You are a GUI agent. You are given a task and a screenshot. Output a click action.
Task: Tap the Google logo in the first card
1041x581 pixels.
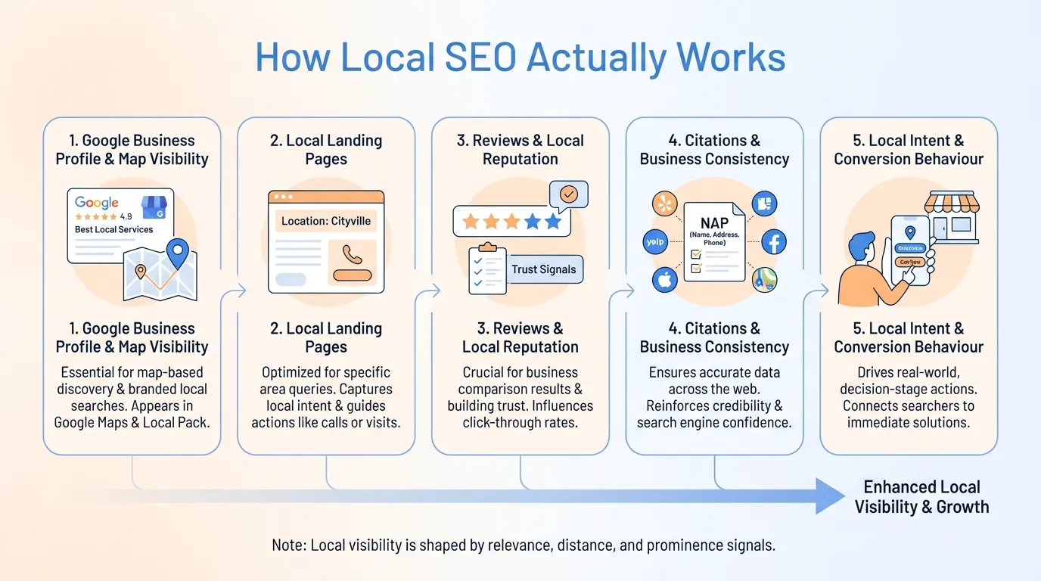[x=97, y=203]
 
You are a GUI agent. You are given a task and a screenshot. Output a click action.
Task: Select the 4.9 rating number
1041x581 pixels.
[x=126, y=216]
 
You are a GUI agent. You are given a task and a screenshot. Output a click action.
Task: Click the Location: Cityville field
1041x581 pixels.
[x=326, y=221]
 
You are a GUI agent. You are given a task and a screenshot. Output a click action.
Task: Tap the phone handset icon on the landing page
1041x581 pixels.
[x=352, y=254]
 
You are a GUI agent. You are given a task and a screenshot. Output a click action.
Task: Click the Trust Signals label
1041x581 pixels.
[x=543, y=269]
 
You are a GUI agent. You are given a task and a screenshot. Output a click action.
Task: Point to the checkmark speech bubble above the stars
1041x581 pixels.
[x=569, y=194]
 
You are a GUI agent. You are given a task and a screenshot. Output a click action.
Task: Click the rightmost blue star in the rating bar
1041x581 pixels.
[x=553, y=221]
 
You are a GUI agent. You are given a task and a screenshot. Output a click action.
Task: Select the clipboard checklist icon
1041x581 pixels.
[x=486, y=269]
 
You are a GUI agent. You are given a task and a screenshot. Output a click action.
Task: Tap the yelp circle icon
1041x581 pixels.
[x=654, y=242]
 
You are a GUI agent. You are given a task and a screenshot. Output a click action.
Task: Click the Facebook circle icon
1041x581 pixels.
[x=774, y=242]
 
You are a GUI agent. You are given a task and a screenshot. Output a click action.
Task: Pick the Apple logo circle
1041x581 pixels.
[x=665, y=280]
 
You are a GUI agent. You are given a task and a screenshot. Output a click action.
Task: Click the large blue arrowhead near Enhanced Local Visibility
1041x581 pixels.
[x=831, y=496]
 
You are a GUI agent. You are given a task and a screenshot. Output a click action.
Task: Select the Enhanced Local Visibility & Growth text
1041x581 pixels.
[x=921, y=497]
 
